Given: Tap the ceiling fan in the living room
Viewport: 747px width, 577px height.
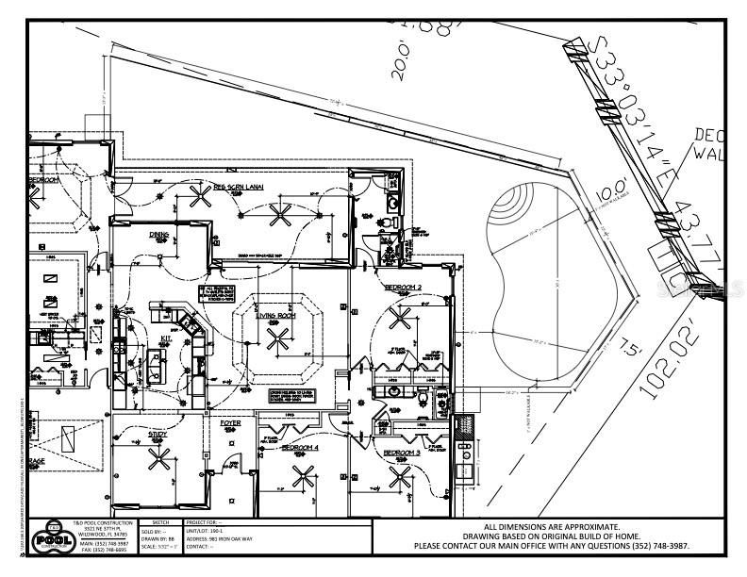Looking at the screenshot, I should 276,341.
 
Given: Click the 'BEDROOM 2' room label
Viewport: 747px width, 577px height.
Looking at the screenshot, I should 404,285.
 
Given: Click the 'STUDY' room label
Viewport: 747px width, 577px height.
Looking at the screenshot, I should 158,435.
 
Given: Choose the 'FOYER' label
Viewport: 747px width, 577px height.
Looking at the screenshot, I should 230,423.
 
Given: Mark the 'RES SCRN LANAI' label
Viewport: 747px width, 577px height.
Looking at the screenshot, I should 238,188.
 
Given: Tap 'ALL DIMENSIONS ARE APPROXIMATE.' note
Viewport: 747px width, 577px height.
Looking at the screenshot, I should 552,527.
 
